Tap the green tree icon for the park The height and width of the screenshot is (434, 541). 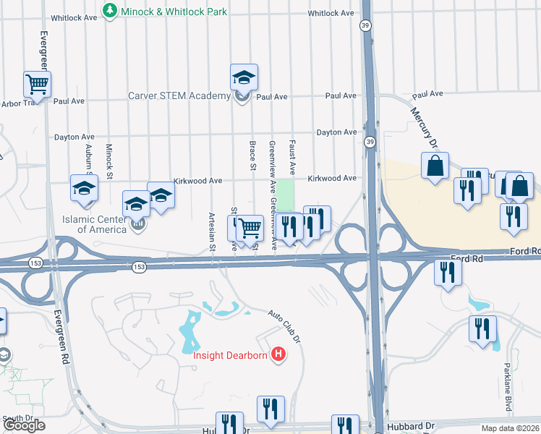coord(109,11)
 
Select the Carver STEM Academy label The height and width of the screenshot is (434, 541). coord(179,96)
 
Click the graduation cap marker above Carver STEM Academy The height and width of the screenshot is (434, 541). coord(244,77)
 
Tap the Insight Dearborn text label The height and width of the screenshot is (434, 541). coord(230,354)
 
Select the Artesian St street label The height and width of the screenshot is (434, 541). coord(213,232)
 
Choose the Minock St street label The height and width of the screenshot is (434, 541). coord(110,161)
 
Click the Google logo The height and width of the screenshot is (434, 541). coord(24,425)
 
